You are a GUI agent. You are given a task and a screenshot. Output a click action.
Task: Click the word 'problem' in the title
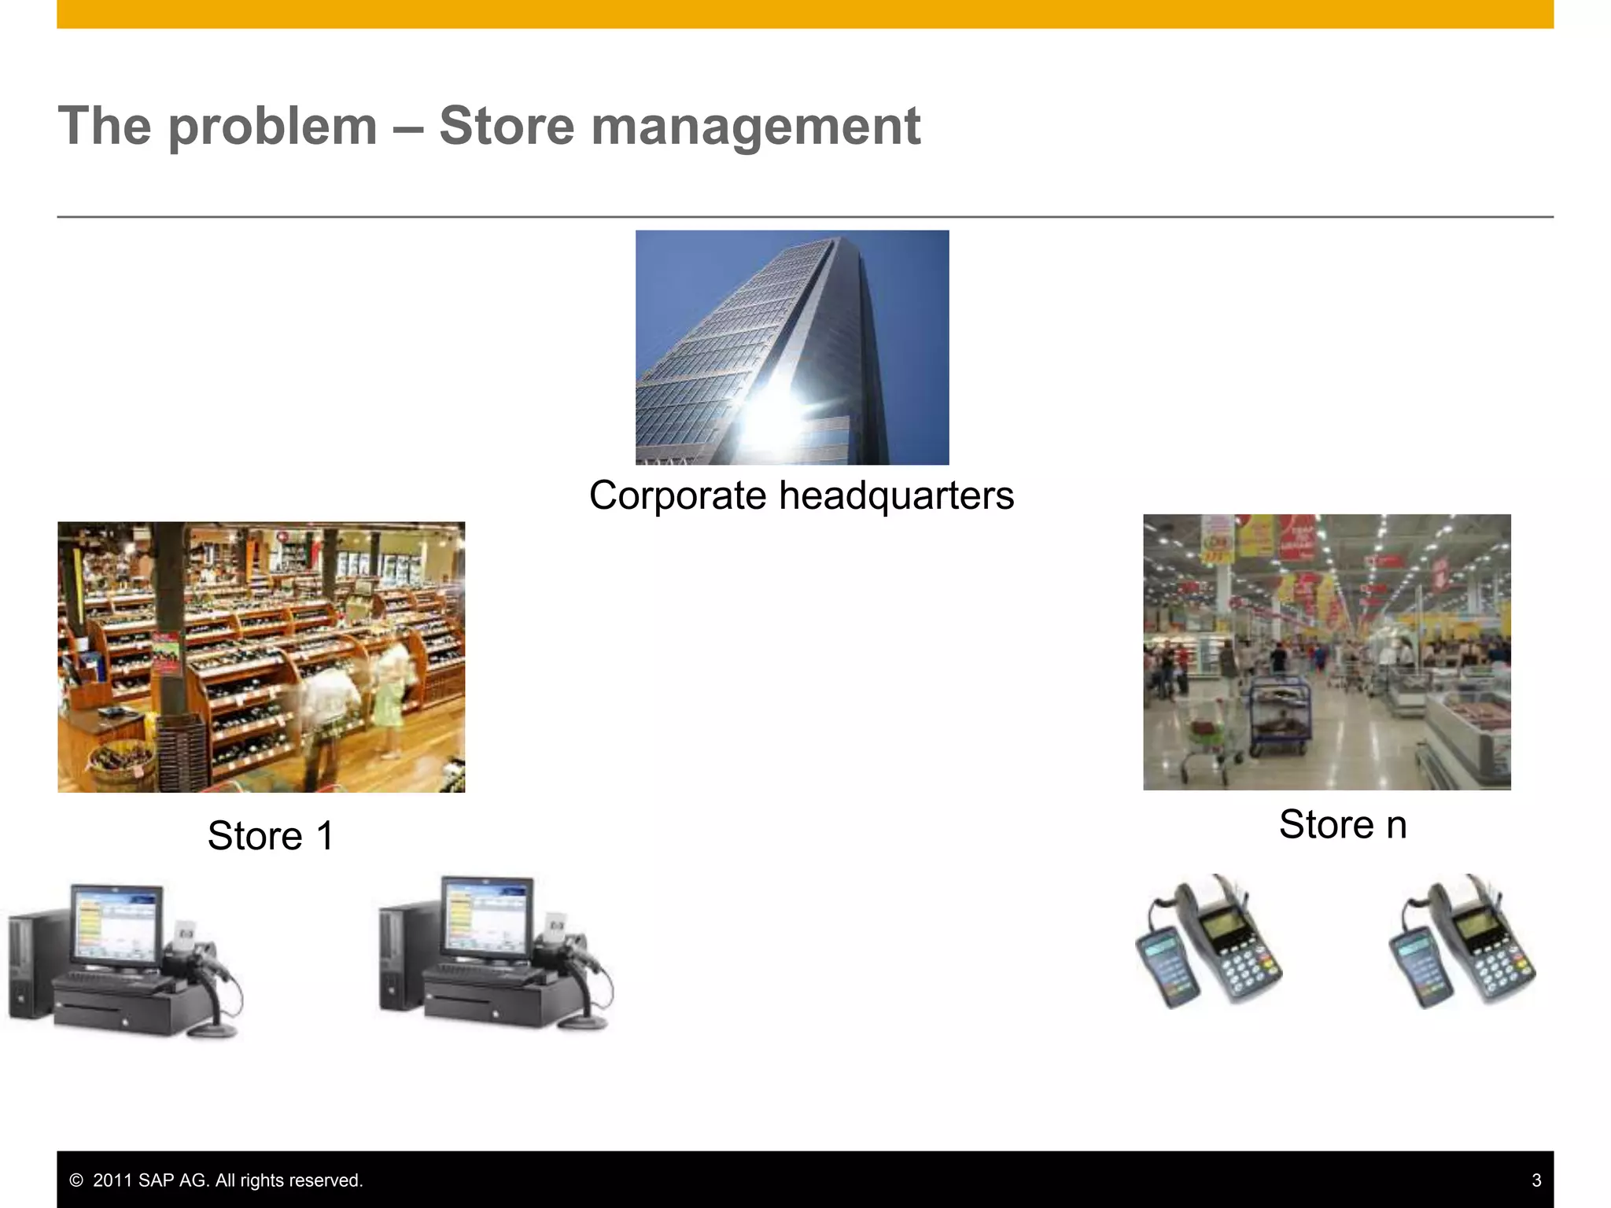coord(272,127)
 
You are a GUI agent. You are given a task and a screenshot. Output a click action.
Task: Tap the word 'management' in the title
coord(755,127)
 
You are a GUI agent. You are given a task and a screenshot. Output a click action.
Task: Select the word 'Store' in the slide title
coord(506,127)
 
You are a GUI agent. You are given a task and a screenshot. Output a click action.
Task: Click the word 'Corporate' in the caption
coord(677,496)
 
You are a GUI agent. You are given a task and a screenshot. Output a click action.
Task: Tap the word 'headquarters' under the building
coord(896,496)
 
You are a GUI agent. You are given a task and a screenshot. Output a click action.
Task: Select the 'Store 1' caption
coord(271,835)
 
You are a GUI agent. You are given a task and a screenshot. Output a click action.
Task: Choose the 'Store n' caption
coord(1342,824)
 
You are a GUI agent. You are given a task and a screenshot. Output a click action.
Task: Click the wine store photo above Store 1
coord(261,657)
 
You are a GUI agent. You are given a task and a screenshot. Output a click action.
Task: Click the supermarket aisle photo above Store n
coord(1326,652)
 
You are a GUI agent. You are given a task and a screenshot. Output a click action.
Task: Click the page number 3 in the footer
coord(1536,1180)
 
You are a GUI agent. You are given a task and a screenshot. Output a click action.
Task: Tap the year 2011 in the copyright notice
coord(112,1180)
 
